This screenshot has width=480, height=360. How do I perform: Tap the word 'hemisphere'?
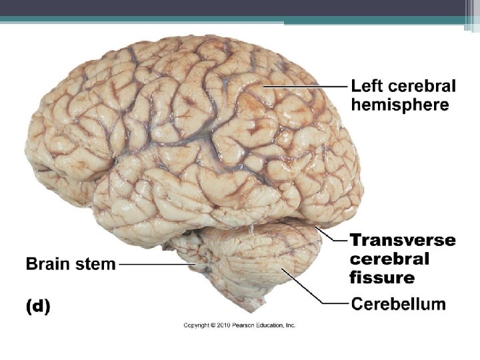pyautogui.click(x=400, y=105)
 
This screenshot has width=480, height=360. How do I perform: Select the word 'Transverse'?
pyautogui.click(x=403, y=240)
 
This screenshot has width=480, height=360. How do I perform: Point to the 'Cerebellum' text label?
pyautogui.click(x=398, y=304)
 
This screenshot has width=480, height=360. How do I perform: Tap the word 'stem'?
pyautogui.click(x=97, y=264)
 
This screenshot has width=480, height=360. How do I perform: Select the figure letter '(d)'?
pyautogui.click(x=37, y=307)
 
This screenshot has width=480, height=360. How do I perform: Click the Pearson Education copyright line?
pyautogui.click(x=239, y=325)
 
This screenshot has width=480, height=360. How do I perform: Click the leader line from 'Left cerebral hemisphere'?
pyautogui.click(x=307, y=86)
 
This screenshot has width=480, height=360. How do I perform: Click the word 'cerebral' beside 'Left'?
pyautogui.click(x=422, y=86)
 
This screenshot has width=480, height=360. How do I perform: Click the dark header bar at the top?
pyautogui.click(x=240, y=7)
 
